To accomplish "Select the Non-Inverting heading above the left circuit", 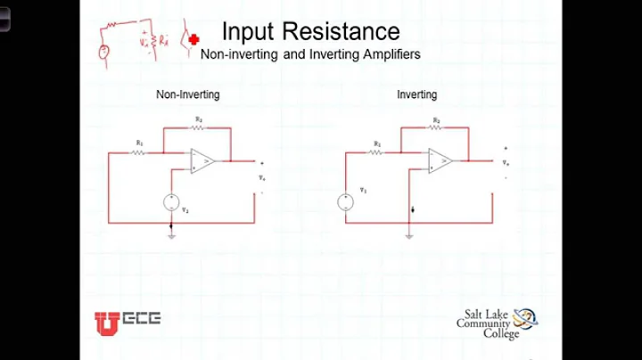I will [x=188, y=94].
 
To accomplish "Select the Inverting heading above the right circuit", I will [x=416, y=94].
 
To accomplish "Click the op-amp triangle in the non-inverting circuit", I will [x=202, y=161].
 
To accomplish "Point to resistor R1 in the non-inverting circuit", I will [x=139, y=152].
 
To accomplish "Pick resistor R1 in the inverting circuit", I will [x=377, y=152].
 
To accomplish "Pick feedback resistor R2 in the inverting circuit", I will [x=436, y=127].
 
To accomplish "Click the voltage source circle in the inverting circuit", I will [x=345, y=202].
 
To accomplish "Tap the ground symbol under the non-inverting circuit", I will [x=170, y=236].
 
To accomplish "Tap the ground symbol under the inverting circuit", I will [x=408, y=235].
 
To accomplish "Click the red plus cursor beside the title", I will [x=193, y=41].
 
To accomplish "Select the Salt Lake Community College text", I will [x=484, y=323].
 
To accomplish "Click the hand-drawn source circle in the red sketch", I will [x=105, y=52].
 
